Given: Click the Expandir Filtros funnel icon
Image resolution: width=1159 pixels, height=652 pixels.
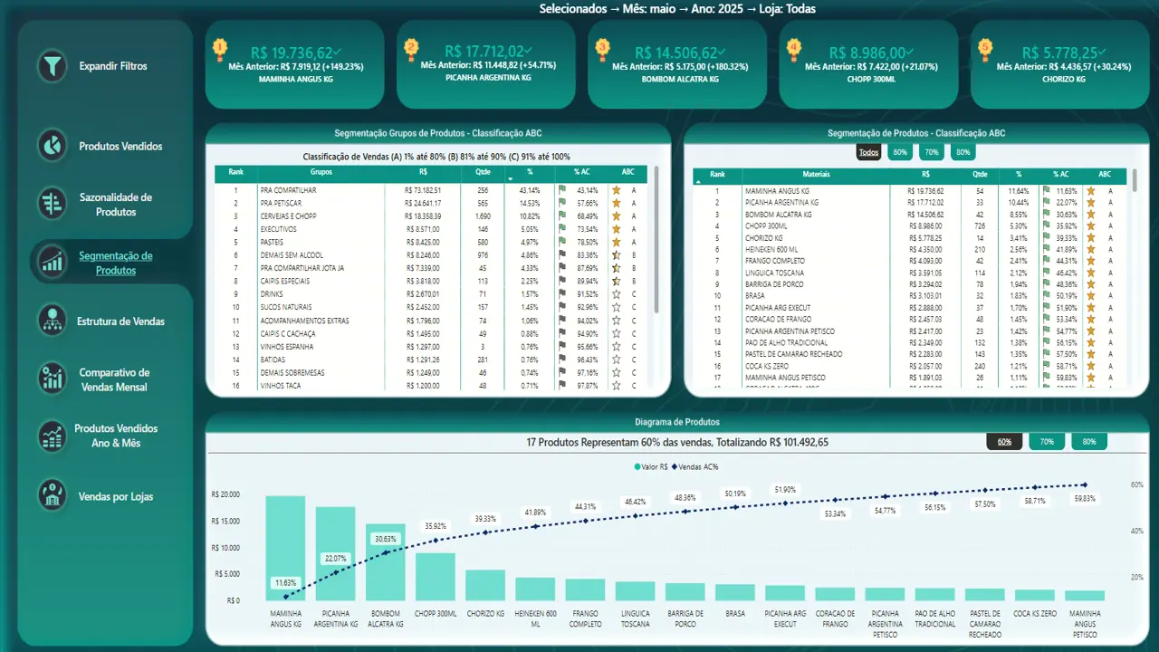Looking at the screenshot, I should [53, 66].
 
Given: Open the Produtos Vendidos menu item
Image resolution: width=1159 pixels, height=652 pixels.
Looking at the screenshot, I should [120, 147].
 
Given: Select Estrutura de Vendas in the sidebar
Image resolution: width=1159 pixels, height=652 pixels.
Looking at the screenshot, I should [120, 321].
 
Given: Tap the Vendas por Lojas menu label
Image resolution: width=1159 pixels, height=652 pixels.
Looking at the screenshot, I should [116, 496].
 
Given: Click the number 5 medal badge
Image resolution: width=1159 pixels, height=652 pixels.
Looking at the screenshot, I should [985, 47].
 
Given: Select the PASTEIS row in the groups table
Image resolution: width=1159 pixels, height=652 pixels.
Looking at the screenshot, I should [272, 243].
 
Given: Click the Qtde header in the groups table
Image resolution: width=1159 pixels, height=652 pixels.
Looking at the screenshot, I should [483, 171].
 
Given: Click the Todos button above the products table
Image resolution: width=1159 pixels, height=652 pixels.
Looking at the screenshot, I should [868, 152].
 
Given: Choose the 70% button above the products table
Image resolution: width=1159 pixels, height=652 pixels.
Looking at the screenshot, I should [931, 152].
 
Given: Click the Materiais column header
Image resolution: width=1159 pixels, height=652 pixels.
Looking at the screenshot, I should [816, 174].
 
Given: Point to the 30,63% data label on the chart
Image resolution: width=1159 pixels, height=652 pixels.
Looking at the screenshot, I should [385, 538].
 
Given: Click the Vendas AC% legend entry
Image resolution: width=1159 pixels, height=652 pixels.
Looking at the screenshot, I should [697, 466].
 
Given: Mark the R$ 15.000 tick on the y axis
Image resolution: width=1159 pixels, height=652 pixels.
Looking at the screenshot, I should [226, 521].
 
